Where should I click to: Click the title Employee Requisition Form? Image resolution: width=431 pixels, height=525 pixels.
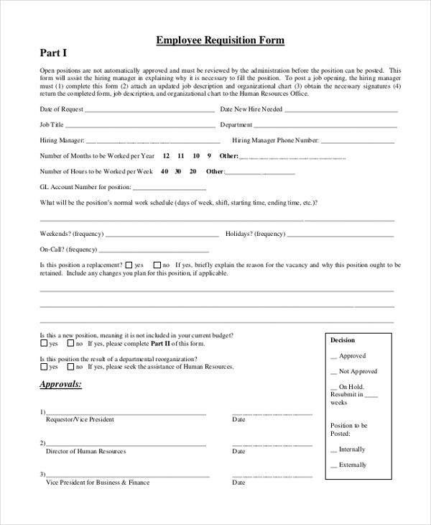221,41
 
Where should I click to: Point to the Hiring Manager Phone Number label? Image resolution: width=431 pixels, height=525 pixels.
275,140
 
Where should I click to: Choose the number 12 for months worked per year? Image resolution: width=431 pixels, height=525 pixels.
167,155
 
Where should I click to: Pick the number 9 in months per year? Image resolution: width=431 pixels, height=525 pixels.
209,155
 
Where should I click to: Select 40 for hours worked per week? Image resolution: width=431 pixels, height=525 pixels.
164,171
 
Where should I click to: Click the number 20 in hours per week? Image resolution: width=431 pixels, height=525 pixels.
193,171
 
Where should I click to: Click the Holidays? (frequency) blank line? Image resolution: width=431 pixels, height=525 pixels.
340,235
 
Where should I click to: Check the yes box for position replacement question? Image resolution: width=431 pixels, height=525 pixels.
128,265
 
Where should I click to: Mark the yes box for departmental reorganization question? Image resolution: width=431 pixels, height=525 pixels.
44,367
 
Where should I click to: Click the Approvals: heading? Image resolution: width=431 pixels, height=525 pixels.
60,385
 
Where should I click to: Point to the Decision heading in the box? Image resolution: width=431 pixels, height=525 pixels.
343,340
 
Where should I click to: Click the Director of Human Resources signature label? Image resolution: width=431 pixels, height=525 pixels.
85,451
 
